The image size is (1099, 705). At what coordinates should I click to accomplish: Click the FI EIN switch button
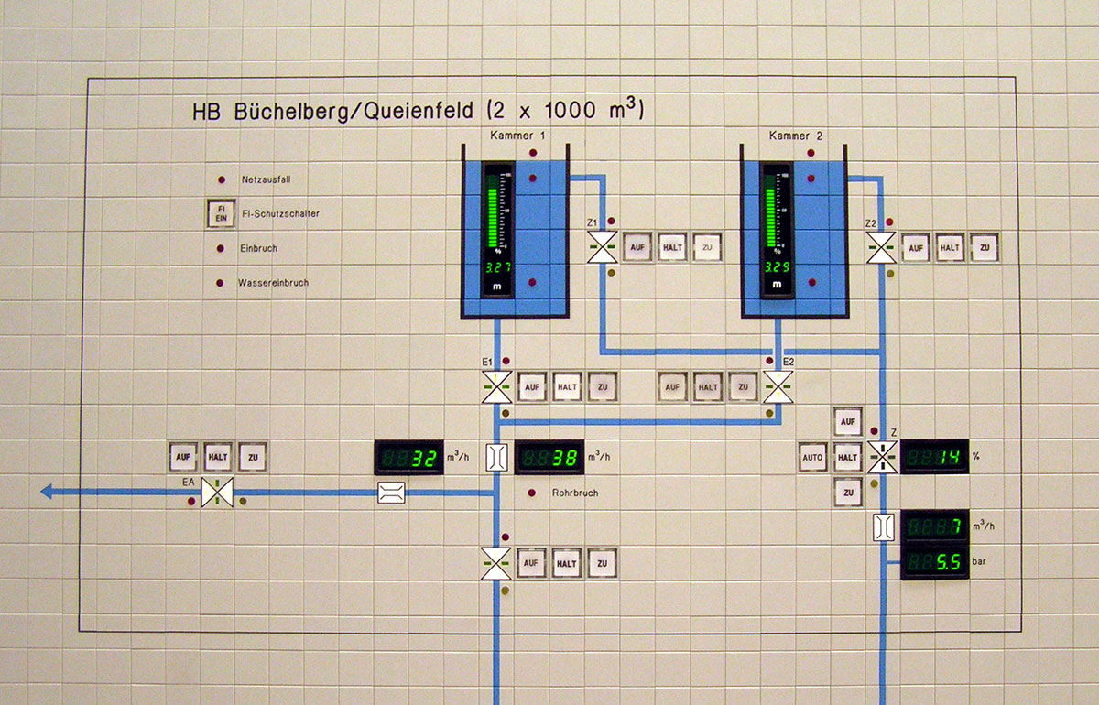[x=220, y=214]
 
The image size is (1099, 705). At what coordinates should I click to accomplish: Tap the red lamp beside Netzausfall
[x=221, y=179]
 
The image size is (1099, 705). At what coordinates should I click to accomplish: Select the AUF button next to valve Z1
[x=636, y=247]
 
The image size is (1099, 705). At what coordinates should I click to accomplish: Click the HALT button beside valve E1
[x=566, y=387]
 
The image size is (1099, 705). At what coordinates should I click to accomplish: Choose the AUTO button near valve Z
[x=813, y=456]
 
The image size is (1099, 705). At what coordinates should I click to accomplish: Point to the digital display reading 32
[x=408, y=458]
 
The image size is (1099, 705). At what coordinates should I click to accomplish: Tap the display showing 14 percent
[x=934, y=456]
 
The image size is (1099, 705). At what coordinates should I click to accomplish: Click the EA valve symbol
[x=217, y=493]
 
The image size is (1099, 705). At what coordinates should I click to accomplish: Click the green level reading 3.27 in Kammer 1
[x=498, y=267]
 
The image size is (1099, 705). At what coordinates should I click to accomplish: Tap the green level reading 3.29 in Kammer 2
[x=778, y=267]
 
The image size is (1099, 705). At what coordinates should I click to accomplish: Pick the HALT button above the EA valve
[x=217, y=456]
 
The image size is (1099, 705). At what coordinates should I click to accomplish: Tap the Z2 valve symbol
[x=882, y=247]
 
